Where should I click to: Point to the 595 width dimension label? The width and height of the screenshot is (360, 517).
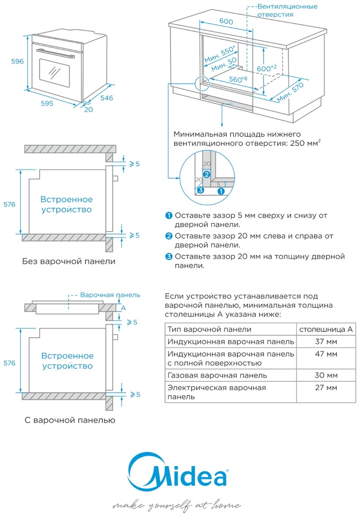pos(48,103)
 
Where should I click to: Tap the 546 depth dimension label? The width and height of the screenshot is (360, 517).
pos(106,98)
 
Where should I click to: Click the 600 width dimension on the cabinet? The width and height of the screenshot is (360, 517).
pos(226,22)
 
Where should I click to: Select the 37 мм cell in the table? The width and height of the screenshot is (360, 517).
pos(326,341)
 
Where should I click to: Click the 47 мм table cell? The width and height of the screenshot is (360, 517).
pos(326,354)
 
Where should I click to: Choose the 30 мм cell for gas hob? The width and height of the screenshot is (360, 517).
pos(326,375)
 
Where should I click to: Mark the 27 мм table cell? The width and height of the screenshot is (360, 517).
pos(326,388)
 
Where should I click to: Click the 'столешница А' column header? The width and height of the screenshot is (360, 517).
pos(326,329)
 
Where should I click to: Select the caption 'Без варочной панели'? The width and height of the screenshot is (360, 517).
pos(69,262)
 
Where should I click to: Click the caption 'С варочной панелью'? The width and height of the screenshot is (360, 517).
pos(70,420)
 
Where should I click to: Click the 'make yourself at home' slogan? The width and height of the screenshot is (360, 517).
pos(176,505)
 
